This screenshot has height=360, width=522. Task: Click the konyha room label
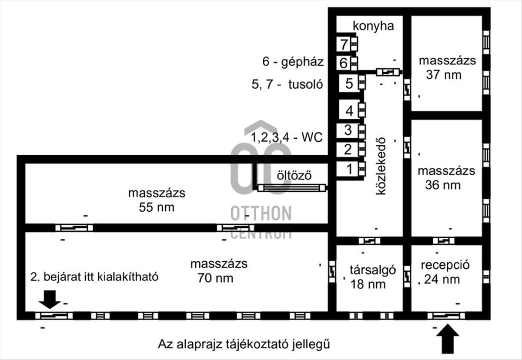pyautogui.click(x=373, y=27)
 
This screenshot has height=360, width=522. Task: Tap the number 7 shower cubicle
pyautogui.click(x=344, y=44)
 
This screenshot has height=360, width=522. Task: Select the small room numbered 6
pyautogui.click(x=344, y=63)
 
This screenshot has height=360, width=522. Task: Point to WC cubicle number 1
pyautogui.click(x=348, y=169)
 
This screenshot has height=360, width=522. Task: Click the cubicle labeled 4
pyautogui.click(x=349, y=111)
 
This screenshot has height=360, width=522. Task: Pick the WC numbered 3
pyautogui.click(x=348, y=130)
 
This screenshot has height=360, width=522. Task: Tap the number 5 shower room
pyautogui.click(x=349, y=83)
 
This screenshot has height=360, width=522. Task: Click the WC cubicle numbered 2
pyautogui.click(x=348, y=150)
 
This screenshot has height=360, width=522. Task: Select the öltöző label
pyautogui.click(x=294, y=175)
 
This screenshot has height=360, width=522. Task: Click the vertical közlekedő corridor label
pyautogui.click(x=381, y=166)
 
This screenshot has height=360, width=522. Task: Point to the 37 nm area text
pyautogui.click(x=444, y=75)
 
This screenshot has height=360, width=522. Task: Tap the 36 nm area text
pyautogui.click(x=443, y=185)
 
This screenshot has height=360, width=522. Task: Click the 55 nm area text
pyautogui.click(x=157, y=207)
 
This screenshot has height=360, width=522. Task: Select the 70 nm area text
pyautogui.click(x=216, y=278)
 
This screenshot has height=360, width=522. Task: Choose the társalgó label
pyautogui.click(x=373, y=270)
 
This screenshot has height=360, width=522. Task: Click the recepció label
pyautogui.click(x=445, y=265)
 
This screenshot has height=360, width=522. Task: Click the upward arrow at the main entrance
pyautogui.click(x=448, y=339)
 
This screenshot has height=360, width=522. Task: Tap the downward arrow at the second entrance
pyautogui.click(x=50, y=300)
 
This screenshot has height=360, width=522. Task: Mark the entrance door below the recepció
pyautogui.click(x=446, y=316)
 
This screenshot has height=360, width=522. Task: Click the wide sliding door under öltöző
pyautogui.click(x=292, y=188)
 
